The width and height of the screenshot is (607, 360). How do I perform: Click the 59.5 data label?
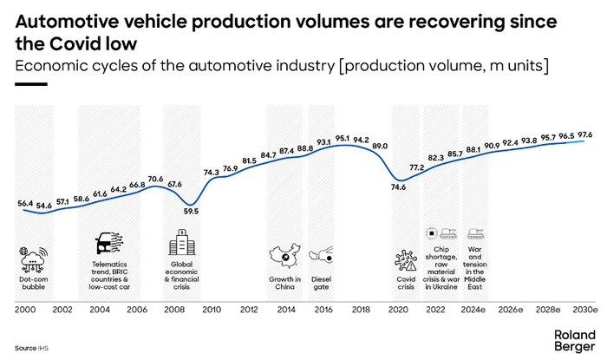[191, 211]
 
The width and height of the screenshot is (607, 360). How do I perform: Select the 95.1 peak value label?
[343, 138]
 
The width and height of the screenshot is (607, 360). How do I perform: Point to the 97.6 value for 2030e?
[585, 134]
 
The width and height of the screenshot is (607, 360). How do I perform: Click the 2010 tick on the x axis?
[212, 310]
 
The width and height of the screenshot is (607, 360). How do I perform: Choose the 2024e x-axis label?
[473, 310]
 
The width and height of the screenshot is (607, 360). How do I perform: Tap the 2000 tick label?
[26, 310]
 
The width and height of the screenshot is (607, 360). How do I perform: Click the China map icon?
[284, 258]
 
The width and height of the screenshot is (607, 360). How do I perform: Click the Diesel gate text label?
[320, 284]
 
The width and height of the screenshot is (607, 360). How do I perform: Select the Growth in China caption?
[284, 284]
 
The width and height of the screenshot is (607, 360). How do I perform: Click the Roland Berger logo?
[575, 340]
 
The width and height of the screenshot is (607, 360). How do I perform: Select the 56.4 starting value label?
[26, 204]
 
